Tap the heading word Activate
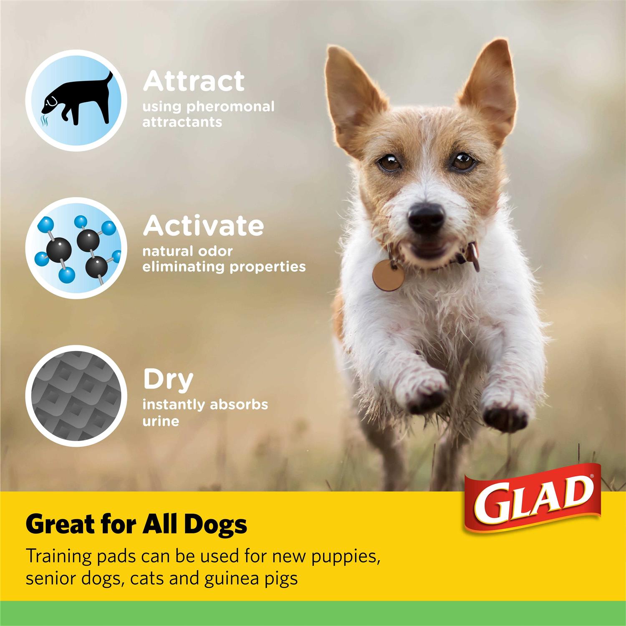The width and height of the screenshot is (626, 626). coord(203,226)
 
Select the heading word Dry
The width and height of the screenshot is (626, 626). coord(168,380)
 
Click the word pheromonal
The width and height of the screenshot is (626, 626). coord(230,106)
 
